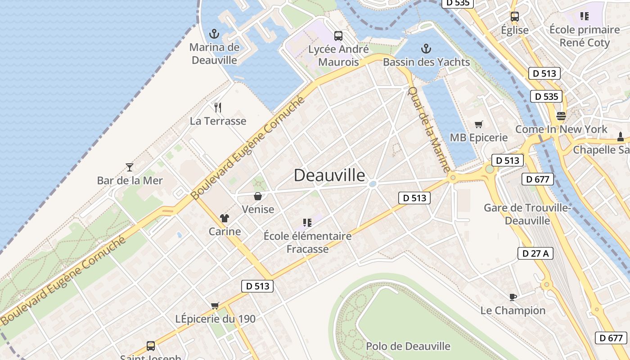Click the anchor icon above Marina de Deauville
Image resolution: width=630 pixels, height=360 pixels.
click(x=214, y=34)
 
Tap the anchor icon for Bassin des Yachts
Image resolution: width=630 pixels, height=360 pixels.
click(x=426, y=49)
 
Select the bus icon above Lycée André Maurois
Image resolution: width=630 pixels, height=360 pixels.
click(x=338, y=36)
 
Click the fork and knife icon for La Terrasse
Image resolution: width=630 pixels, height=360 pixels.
click(x=218, y=107)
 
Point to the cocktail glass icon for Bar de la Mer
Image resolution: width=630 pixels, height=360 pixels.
click(x=130, y=167)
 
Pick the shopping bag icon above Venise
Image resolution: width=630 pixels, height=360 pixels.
click(x=258, y=196)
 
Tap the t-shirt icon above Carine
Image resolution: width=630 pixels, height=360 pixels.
click(x=225, y=219)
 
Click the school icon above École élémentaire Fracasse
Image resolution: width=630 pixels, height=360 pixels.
click(x=307, y=223)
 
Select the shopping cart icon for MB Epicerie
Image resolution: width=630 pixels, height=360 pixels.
click(x=479, y=124)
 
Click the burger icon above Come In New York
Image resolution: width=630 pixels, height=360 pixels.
click(x=561, y=116)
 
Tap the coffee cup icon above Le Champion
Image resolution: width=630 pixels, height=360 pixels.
click(x=513, y=297)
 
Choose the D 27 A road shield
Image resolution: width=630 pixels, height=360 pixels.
click(x=535, y=253)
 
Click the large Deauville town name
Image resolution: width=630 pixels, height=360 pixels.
click(x=329, y=175)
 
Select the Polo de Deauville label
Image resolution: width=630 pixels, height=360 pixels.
click(x=408, y=346)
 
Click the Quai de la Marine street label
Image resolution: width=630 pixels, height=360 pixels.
click(x=428, y=129)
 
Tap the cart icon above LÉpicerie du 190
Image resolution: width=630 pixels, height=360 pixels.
click(x=215, y=306)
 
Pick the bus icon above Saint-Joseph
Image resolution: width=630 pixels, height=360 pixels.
click(x=151, y=346)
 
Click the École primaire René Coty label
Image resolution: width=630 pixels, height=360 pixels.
click(x=585, y=36)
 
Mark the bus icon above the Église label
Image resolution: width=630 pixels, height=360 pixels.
click(x=515, y=17)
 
